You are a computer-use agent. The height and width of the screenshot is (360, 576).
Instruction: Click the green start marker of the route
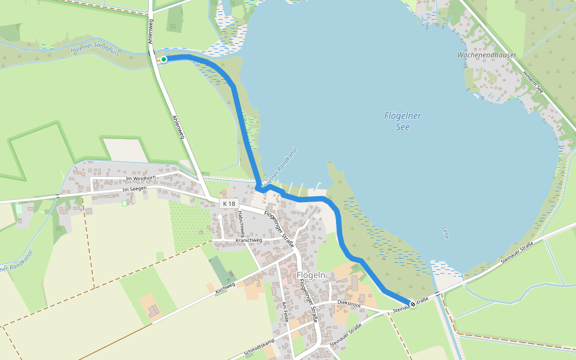point(163,59)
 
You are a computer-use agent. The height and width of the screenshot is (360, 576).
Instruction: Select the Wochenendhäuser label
point(487,55)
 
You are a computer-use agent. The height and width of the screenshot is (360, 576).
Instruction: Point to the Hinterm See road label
point(532,81)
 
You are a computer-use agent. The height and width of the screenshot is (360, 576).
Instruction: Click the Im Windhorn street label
point(141,178)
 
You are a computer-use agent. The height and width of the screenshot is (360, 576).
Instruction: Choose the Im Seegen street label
point(134,190)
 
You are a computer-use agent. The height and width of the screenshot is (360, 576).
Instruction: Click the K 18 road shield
point(229,204)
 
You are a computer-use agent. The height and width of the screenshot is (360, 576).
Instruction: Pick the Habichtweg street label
point(240,224)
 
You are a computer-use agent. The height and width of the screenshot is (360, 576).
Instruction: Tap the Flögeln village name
point(311,275)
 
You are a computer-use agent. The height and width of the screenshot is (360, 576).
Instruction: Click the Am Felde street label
point(284,313)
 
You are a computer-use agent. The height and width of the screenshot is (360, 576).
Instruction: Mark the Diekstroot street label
point(349,304)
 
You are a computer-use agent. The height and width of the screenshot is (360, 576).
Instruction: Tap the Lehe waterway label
point(445,232)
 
